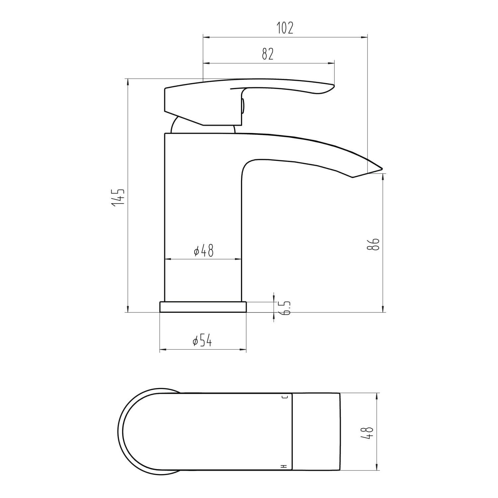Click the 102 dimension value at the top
[285, 29]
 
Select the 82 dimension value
[268, 54]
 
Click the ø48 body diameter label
[204, 251]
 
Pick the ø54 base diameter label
[203, 341]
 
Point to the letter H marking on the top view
[284, 466]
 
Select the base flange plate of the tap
[203, 307]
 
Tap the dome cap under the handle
[176, 126]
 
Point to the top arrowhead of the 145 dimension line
[128, 81]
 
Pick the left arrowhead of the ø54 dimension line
[162, 350]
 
